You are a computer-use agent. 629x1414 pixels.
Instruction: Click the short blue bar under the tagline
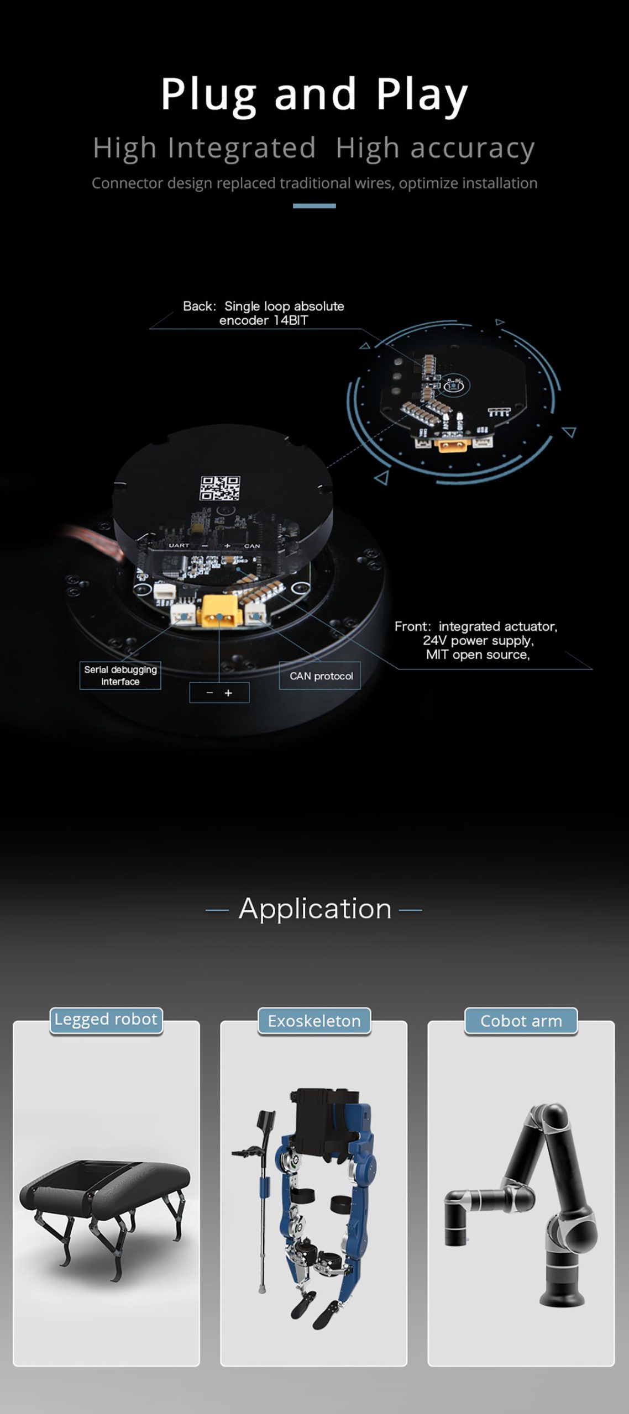coord(314,206)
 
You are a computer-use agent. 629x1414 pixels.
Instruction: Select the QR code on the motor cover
coord(219,488)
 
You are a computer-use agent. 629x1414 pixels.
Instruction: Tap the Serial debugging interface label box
coord(120,675)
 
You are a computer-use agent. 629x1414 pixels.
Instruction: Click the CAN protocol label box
coord(320,676)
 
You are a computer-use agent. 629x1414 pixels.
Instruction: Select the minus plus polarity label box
coord(219,693)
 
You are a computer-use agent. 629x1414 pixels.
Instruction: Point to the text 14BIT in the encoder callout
coord(290,320)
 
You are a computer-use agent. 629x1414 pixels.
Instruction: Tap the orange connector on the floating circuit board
coord(452,445)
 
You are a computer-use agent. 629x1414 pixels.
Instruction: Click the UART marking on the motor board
coord(179,545)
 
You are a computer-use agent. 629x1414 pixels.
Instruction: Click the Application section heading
coord(314,909)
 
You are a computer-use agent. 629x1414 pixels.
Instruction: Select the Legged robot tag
coord(106,1019)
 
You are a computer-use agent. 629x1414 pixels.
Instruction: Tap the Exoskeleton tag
coord(314,1021)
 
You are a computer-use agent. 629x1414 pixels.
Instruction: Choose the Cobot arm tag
coord(521,1021)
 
